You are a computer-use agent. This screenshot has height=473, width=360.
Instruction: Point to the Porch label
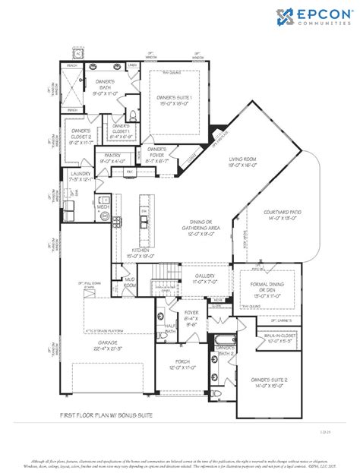pyautogui.click(x=182, y=364)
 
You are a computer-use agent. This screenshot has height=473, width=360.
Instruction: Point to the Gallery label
pyautogui.click(x=204, y=279)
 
